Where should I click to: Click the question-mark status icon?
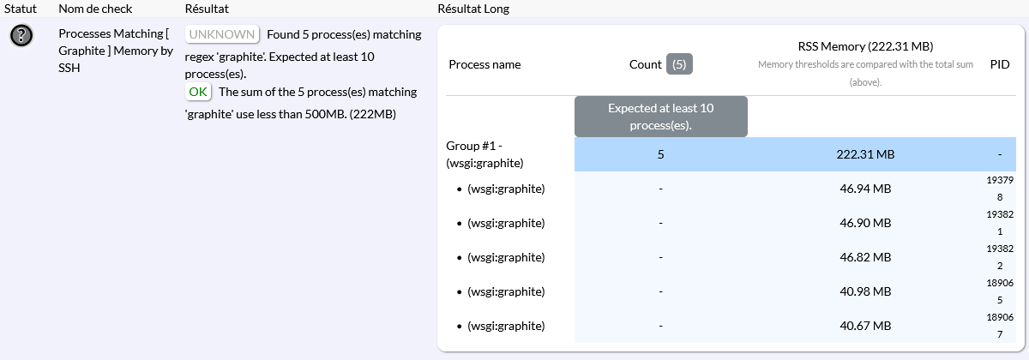[21, 35]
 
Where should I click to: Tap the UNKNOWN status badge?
[222, 34]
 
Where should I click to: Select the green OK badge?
[198, 92]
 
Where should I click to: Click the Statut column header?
[21, 9]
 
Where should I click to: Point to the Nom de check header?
[95, 9]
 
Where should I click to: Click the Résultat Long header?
[473, 9]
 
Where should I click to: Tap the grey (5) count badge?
[679, 64]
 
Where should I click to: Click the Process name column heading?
[484, 64]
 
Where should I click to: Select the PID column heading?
[1000, 64]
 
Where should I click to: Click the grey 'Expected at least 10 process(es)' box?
[660, 117]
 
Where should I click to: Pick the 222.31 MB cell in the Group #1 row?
[865, 154]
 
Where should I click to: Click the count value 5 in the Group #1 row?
[660, 154]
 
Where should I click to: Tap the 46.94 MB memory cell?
[865, 189]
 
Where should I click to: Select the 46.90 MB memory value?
[865, 223]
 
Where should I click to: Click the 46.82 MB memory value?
[865, 257]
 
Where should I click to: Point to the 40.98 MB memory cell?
[865, 291]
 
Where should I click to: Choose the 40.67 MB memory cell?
[865, 326]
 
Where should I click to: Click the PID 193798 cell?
[1000, 189]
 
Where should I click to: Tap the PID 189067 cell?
[1000, 326]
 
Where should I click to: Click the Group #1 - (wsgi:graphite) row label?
[484, 154]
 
